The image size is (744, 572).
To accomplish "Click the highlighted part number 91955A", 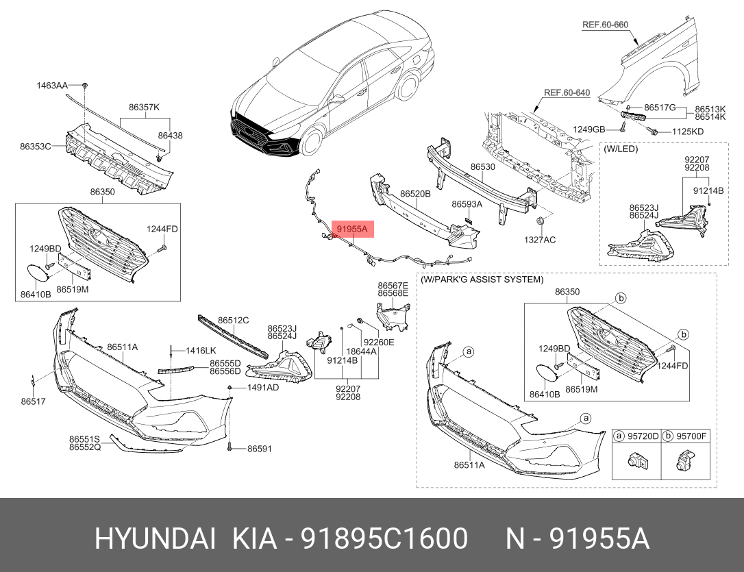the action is (352, 228).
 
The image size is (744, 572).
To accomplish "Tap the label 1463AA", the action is (52, 86).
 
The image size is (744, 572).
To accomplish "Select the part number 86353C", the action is (36, 146).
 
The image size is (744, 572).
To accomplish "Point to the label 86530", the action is (482, 166).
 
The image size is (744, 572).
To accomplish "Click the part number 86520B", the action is (415, 194).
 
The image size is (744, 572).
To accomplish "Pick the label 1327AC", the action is (540, 240).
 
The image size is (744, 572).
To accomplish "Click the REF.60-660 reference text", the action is (605, 25).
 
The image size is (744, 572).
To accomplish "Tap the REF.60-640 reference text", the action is (567, 92).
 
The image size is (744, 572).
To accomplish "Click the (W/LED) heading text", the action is (620, 147).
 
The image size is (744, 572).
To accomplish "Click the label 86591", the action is (260, 449).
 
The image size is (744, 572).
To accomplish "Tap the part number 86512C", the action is (234, 320).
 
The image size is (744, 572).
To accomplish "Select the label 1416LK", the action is (201, 350).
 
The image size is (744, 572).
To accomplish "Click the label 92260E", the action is (379, 342).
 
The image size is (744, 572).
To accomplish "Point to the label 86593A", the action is (467, 204).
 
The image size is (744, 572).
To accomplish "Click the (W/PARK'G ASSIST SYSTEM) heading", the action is (482, 279).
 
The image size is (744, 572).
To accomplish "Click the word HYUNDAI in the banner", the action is (156, 539).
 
